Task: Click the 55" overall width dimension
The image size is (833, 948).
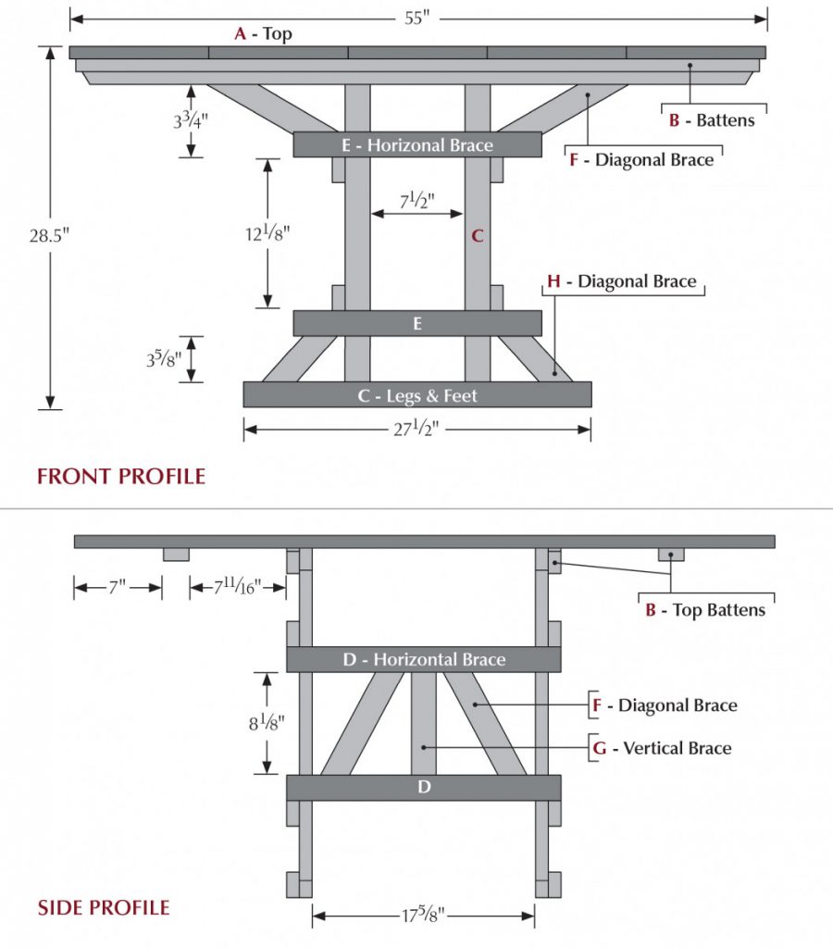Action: click(x=417, y=18)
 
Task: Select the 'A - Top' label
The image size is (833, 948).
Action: click(x=263, y=34)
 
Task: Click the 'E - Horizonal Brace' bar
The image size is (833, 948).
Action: click(x=417, y=145)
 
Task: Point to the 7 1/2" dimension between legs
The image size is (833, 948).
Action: click(x=416, y=201)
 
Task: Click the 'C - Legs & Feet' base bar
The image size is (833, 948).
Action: click(x=417, y=395)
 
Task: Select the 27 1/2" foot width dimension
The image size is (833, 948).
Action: click(x=417, y=430)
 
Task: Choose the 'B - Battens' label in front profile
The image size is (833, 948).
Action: click(x=712, y=120)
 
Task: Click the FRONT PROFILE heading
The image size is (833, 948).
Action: click(x=121, y=477)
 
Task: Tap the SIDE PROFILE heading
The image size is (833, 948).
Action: click(x=104, y=907)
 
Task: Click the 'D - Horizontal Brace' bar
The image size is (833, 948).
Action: click(x=424, y=660)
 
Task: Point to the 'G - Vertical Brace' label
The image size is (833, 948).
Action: click(x=663, y=748)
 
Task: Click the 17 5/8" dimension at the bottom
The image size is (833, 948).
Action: click(x=424, y=917)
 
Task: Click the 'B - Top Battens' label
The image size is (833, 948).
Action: click(x=705, y=610)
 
